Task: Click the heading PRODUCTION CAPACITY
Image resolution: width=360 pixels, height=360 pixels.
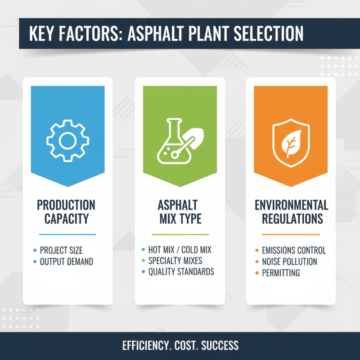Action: [x=66, y=212]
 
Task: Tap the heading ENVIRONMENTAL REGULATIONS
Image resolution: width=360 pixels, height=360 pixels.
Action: [x=291, y=212]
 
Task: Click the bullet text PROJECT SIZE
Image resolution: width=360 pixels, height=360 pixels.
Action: [x=61, y=250]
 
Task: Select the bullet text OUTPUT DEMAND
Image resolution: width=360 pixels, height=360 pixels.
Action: [x=67, y=261]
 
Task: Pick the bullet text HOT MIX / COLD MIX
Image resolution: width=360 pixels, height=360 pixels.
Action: [x=180, y=249]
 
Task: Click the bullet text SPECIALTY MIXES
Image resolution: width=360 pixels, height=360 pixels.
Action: [x=175, y=261]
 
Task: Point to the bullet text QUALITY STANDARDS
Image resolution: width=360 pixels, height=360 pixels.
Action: [x=181, y=272]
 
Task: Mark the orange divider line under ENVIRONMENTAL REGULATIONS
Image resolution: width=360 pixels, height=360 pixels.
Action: [x=291, y=234]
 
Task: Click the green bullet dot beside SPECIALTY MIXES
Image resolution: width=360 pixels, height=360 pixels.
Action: [x=143, y=261]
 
